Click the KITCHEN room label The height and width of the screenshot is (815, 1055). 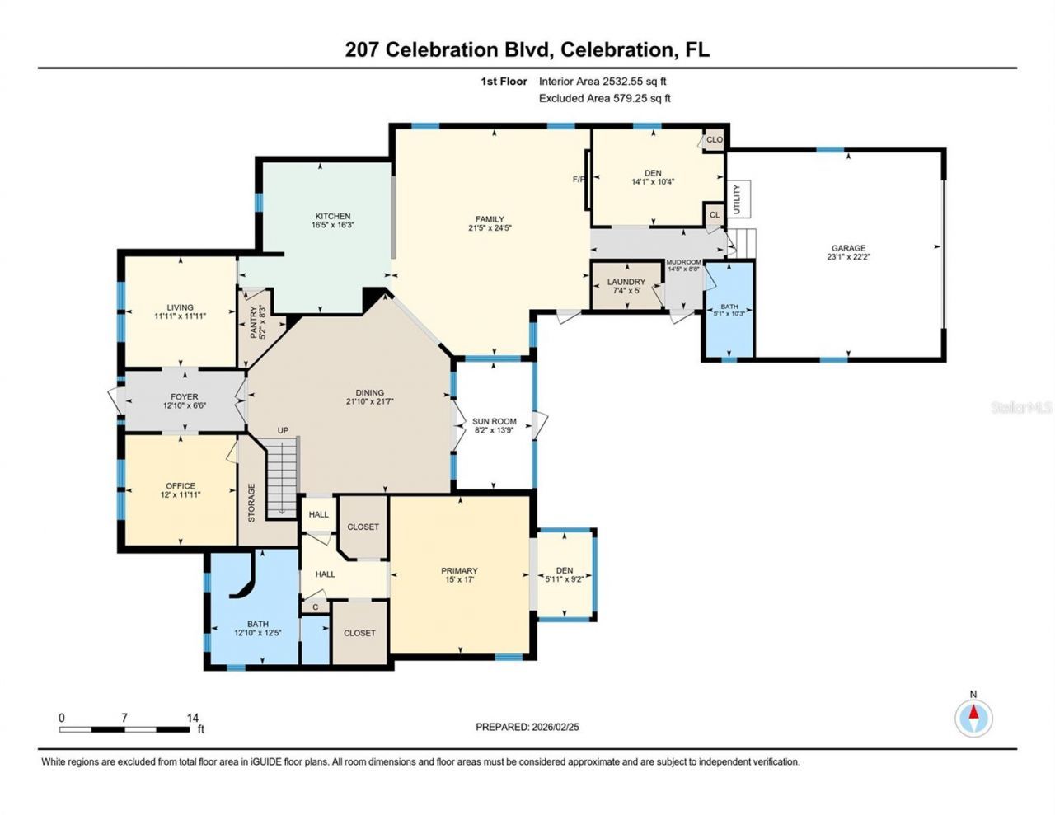tap(332, 216)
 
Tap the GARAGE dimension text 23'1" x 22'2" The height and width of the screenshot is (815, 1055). tap(848, 257)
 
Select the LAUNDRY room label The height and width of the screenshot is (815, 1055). tap(626, 282)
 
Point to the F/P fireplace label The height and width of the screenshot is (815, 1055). tap(579, 179)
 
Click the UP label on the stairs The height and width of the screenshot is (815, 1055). tap(283, 430)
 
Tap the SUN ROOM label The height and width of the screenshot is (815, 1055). tap(494, 421)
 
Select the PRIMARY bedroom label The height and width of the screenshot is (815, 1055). tap(459, 571)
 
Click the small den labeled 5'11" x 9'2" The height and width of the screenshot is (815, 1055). tap(565, 574)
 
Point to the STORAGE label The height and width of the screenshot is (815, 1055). tap(251, 503)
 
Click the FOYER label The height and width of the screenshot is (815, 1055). tap(184, 396)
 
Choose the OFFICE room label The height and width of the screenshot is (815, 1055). tap(181, 485)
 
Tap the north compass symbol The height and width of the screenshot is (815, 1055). tap(973, 718)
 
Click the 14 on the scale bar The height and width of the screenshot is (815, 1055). tap(193, 718)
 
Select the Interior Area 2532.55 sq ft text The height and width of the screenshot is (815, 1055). tap(603, 82)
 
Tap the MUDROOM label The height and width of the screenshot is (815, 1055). tap(683, 262)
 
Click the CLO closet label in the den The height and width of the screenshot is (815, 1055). tap(714, 140)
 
